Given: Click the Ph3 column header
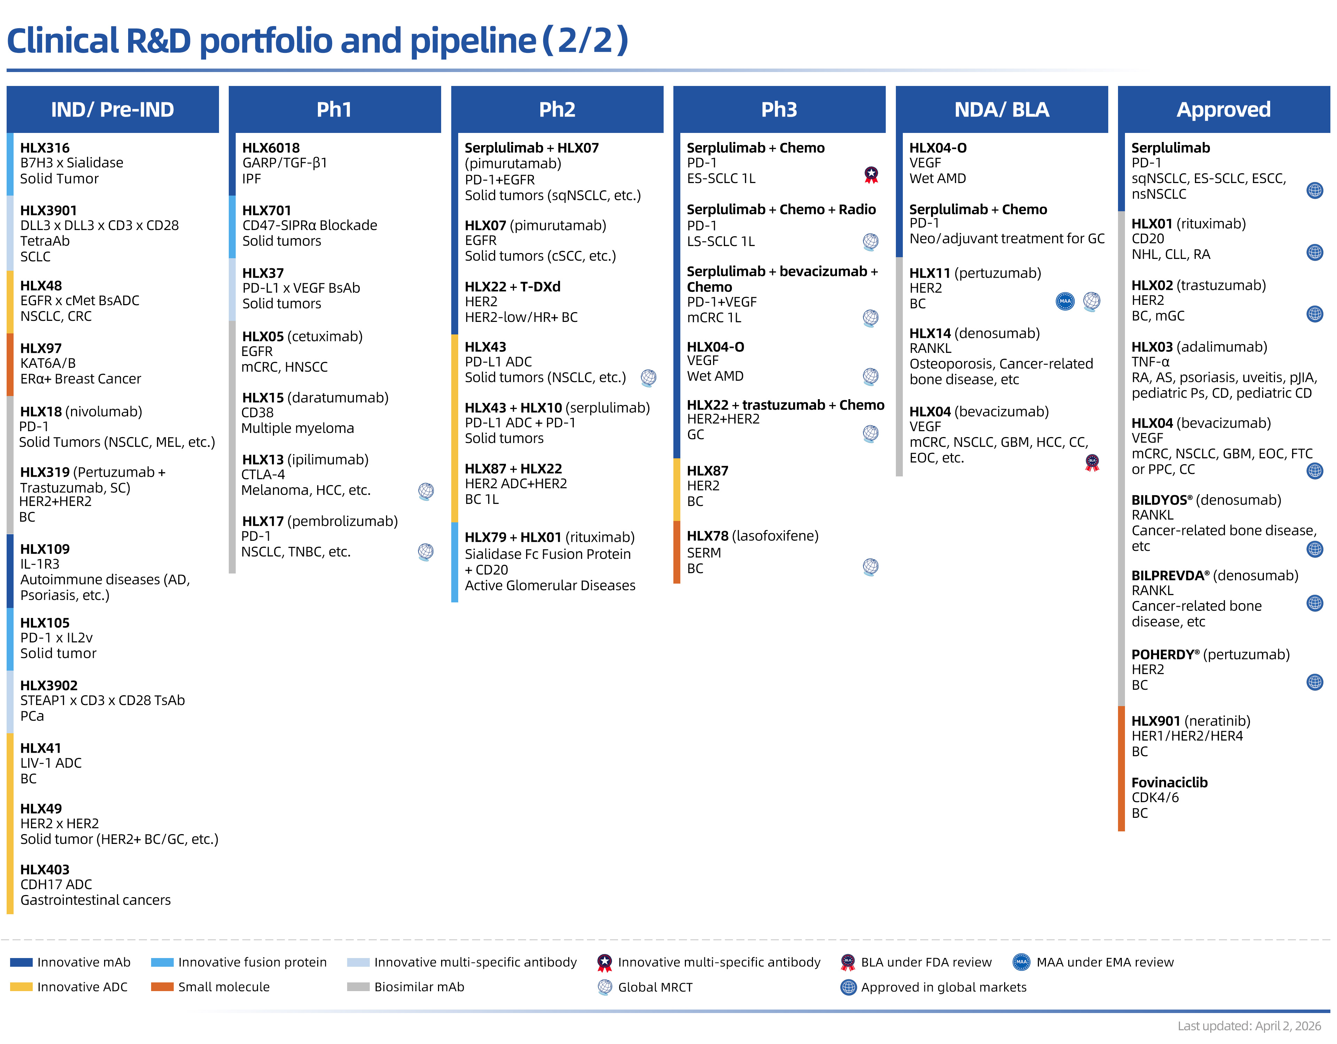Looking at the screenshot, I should (x=779, y=110).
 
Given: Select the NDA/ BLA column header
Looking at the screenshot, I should (x=1001, y=110).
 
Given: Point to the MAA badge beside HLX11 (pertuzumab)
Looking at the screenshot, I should (x=1065, y=301).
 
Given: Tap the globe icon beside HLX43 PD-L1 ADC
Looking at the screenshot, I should (x=648, y=378).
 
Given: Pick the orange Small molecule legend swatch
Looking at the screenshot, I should (x=162, y=987).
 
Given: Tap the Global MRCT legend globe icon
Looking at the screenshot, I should (x=604, y=987).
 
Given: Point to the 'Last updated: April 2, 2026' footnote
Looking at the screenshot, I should (x=1249, y=1026).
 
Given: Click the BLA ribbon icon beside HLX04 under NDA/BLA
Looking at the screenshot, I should (x=1092, y=462).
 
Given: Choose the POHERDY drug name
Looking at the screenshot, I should (x=1162, y=654).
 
